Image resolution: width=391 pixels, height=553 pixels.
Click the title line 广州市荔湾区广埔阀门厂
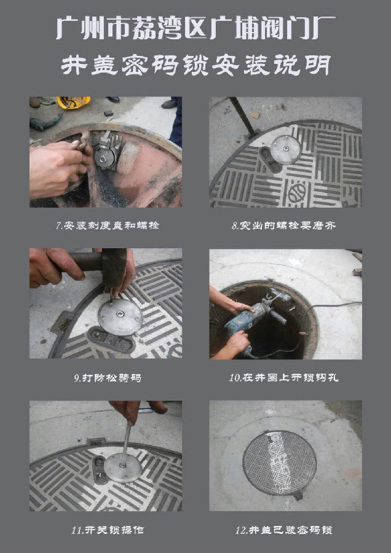point(195,28)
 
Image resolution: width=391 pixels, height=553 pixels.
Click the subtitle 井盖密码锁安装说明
point(195,65)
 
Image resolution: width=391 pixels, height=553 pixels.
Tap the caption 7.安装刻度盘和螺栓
point(108,226)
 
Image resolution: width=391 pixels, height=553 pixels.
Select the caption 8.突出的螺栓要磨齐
point(283,226)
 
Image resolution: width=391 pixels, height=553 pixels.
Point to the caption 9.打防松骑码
point(108,378)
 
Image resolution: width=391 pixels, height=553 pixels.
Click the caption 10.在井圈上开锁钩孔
point(284,378)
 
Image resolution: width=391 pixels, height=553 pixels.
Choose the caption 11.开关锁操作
point(108,530)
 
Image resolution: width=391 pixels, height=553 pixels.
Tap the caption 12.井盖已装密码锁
point(284,530)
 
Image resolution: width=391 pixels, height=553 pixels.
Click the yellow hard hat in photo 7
point(73,102)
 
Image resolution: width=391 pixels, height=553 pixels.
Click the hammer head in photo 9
point(114,267)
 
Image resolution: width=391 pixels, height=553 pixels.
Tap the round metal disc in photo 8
point(286,149)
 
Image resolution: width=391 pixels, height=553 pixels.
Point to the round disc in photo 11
point(123,468)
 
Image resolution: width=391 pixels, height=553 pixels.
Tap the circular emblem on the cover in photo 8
point(297,193)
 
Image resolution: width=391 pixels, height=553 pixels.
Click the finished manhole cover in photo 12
point(280,462)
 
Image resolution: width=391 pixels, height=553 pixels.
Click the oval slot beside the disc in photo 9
point(111,339)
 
